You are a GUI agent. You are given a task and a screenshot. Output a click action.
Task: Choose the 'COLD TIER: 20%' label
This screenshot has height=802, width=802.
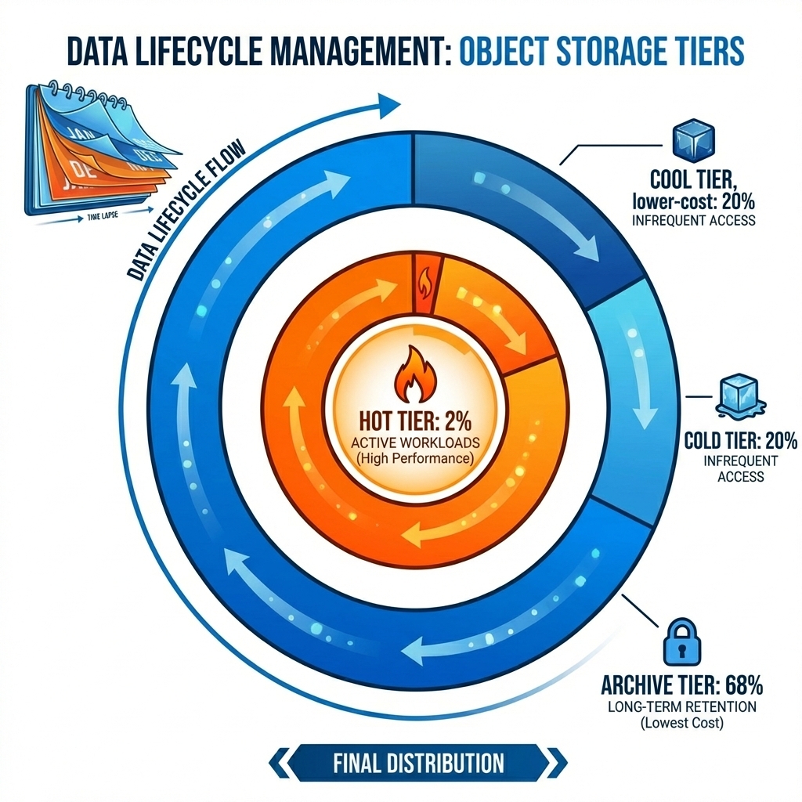[x=730, y=439]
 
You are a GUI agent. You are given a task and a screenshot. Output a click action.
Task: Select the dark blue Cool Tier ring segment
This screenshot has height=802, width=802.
[x=540, y=211]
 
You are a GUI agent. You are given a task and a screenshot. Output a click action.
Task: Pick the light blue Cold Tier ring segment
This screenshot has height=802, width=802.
[x=630, y=399]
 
